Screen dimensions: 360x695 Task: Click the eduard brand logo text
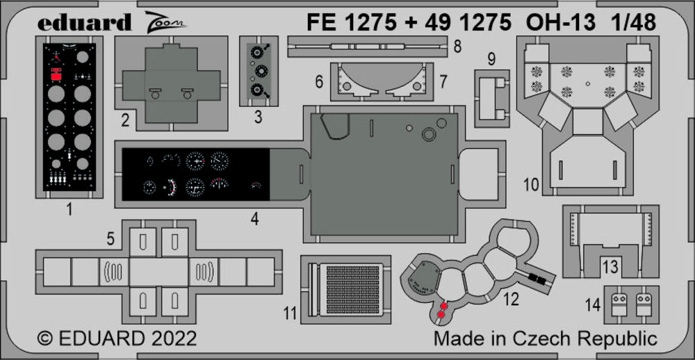coord(84,23)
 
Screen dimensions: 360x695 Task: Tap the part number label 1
coord(69,206)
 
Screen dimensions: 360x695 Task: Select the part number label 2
coord(125,120)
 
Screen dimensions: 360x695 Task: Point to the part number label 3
coord(258,117)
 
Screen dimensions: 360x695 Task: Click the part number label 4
coord(255,219)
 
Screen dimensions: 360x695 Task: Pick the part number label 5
coord(111,239)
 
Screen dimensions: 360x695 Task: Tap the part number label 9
coord(491,60)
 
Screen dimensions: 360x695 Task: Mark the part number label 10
coord(531,184)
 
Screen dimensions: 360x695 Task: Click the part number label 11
coord(290,313)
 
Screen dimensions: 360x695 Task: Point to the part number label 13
coord(610,267)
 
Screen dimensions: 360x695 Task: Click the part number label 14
coord(593,304)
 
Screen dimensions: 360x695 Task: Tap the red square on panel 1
coord(56,77)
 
